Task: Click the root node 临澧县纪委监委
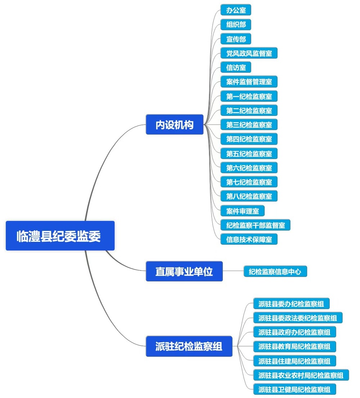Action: (60, 236)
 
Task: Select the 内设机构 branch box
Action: (175, 125)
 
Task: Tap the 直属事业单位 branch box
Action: (184, 271)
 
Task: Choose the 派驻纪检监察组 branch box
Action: (189, 346)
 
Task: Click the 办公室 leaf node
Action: (236, 10)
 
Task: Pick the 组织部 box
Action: (236, 24)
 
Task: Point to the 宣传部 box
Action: (236, 39)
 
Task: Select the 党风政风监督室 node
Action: (249, 53)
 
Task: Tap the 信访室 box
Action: (236, 67)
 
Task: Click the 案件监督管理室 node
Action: (249, 82)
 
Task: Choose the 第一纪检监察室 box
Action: (249, 96)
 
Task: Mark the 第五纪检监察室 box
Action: (249, 153)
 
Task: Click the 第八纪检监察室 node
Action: (249, 196)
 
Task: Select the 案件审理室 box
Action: (242, 211)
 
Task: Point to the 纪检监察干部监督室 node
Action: (255, 225)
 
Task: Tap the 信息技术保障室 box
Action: (249, 239)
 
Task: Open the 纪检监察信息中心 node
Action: (275, 271)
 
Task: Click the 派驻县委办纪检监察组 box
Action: (291, 303)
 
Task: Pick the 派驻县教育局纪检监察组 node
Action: (294, 346)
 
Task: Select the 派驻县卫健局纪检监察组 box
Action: (294, 389)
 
